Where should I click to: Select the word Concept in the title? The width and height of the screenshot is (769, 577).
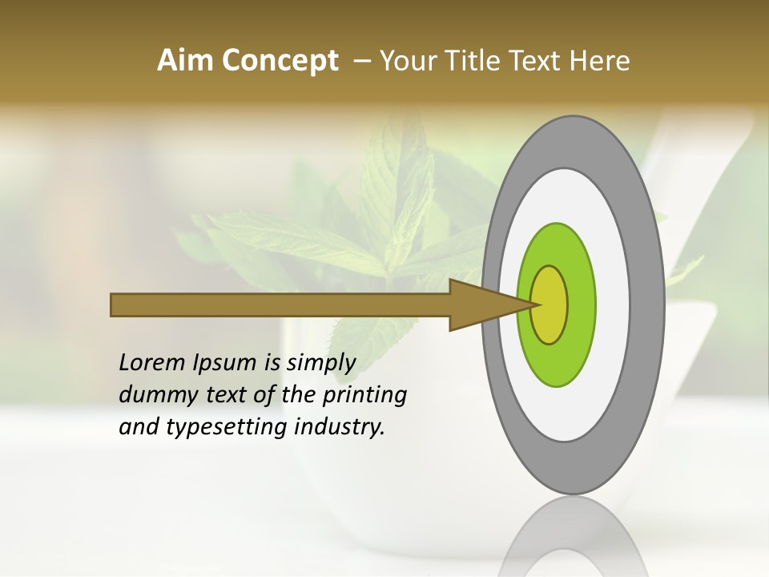point(280,61)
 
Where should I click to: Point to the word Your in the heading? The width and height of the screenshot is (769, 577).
point(406,61)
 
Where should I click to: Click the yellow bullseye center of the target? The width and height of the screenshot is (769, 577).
point(550,305)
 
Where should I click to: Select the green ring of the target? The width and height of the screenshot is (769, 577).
point(582,305)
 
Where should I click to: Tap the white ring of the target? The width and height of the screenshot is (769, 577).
point(613,305)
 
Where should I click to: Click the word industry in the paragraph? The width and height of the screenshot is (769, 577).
point(340,428)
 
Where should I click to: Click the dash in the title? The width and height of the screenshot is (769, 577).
point(362,61)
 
